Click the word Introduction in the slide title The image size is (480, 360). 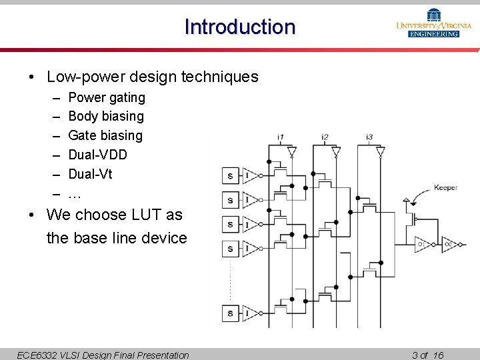240,27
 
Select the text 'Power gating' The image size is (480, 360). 107,97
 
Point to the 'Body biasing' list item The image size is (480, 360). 106,116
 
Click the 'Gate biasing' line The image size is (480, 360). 105,135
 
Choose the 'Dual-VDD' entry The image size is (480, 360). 97,155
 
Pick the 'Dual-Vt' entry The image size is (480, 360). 90,174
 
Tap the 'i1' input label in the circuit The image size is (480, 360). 281,138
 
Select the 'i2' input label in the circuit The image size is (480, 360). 325,138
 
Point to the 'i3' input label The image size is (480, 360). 369,138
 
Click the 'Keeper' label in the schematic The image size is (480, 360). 445,188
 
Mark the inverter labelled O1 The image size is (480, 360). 422,245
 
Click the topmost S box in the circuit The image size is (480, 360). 230,176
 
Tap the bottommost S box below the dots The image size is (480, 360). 230,313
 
